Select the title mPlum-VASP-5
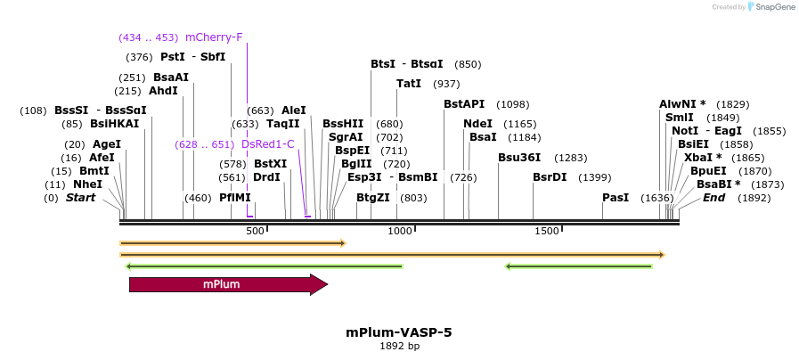coord(399,332)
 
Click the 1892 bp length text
coord(399,346)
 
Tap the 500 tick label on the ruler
coord(255,232)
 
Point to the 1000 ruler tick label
coord(400,232)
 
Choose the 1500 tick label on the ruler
coord(546,232)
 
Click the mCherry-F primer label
coord(214,37)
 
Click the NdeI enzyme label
coord(477,124)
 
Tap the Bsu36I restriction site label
coord(519,158)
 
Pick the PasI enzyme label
coord(616,198)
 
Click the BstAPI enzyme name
coord(464,104)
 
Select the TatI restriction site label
coord(409,84)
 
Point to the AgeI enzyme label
coord(106,144)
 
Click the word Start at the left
coord(80,198)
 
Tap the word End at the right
coord(713,198)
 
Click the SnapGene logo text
coord(771,7)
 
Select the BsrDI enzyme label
coord(550,177)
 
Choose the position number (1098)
coord(512,104)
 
